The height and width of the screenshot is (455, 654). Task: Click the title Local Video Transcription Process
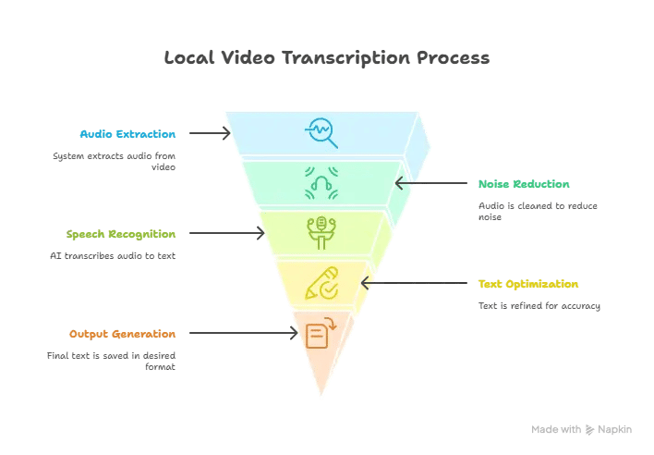[326, 57]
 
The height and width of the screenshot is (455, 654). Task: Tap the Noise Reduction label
[524, 184]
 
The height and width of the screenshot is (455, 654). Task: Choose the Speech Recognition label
[121, 234]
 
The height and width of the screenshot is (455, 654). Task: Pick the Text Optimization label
[527, 284]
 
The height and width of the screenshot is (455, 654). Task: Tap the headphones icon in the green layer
[321, 183]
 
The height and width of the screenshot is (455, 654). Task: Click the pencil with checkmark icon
[321, 283]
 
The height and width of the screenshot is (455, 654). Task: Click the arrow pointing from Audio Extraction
[210, 134]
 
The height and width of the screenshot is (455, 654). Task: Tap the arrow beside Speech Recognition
[227, 234]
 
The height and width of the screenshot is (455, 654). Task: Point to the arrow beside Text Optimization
[415, 284]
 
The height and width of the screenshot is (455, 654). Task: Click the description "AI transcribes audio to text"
[112, 255]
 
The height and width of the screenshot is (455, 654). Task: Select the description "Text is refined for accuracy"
[539, 305]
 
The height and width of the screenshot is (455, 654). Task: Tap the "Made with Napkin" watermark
[581, 430]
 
